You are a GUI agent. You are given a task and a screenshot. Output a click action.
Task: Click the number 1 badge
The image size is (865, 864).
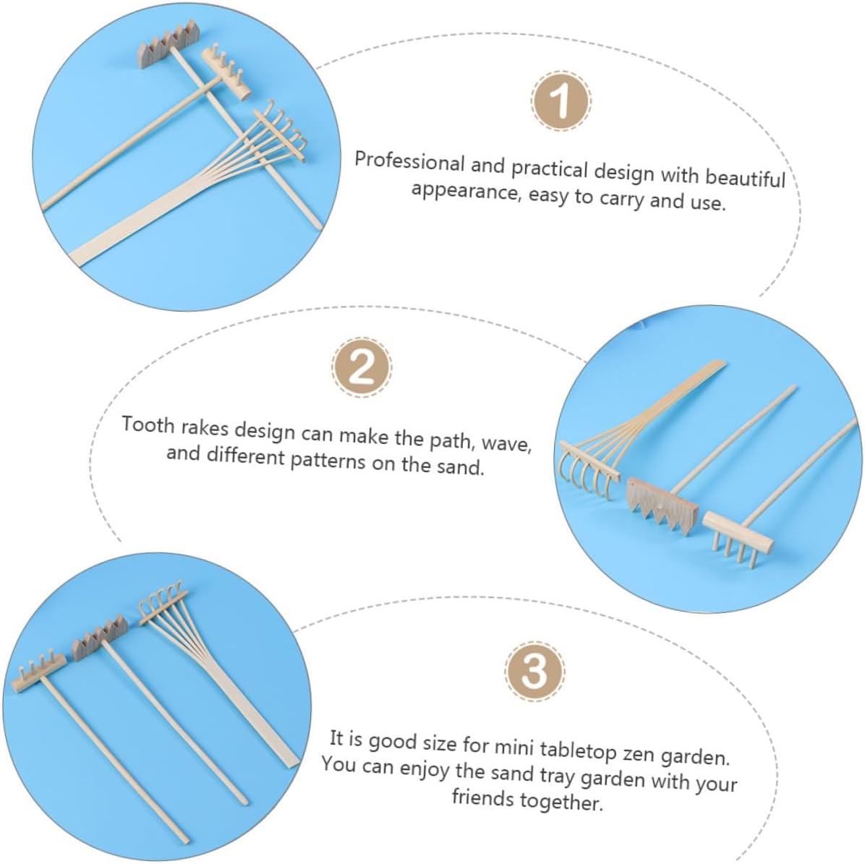tap(561, 101)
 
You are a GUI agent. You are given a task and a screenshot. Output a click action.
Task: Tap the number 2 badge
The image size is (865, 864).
tap(362, 367)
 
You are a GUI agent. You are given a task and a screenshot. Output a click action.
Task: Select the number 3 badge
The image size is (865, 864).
tap(534, 671)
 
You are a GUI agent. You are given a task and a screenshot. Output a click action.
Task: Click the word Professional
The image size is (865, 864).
tap(410, 161)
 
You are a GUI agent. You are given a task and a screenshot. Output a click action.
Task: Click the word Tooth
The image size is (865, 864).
tap(148, 425)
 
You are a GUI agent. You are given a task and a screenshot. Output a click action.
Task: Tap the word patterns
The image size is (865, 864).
tap(328, 459)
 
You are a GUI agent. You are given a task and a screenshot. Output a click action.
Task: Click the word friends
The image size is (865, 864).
tap(482, 797)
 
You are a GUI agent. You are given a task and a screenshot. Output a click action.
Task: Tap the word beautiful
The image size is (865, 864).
tap(745, 178)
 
